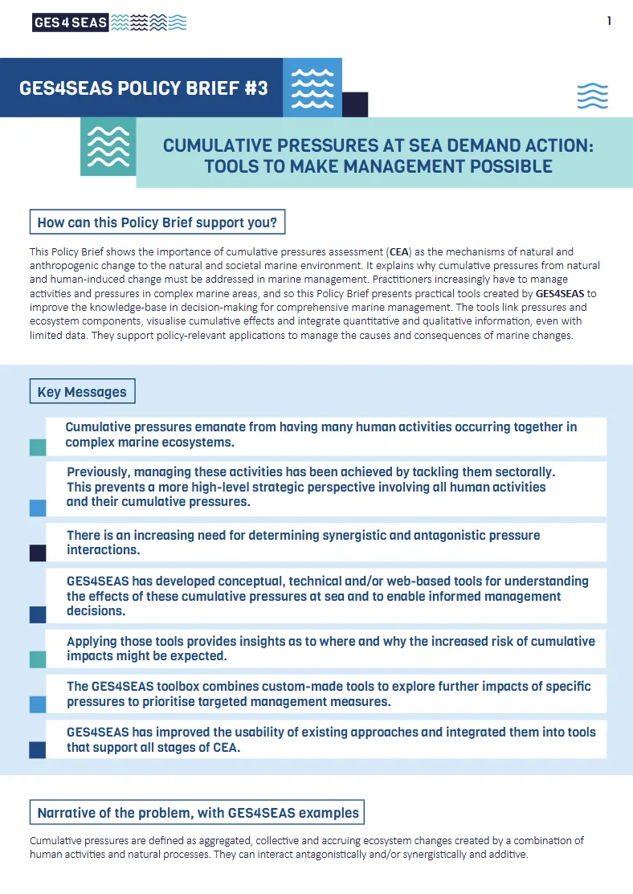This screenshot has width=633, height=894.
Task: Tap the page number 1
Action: pyautogui.click(x=609, y=22)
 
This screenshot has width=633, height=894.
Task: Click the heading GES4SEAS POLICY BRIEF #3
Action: pyautogui.click(x=143, y=88)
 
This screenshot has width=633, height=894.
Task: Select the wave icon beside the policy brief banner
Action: pyautogui.click(x=312, y=88)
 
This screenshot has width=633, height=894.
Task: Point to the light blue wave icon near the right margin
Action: pyautogui.click(x=593, y=96)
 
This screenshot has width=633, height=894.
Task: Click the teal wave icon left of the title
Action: pyautogui.click(x=108, y=146)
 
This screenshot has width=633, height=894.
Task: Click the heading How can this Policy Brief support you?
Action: pyautogui.click(x=157, y=222)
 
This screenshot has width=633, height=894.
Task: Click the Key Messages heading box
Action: pyautogui.click(x=82, y=392)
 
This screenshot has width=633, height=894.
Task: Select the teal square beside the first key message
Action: pyautogui.click(x=38, y=447)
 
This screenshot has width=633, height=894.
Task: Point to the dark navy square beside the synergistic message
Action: pyautogui.click(x=38, y=553)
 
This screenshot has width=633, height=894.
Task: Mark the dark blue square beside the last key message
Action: pyautogui.click(x=38, y=750)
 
